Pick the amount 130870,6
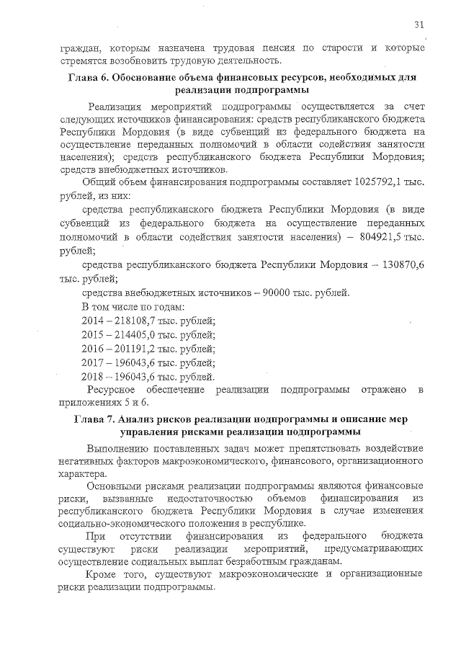399,264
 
